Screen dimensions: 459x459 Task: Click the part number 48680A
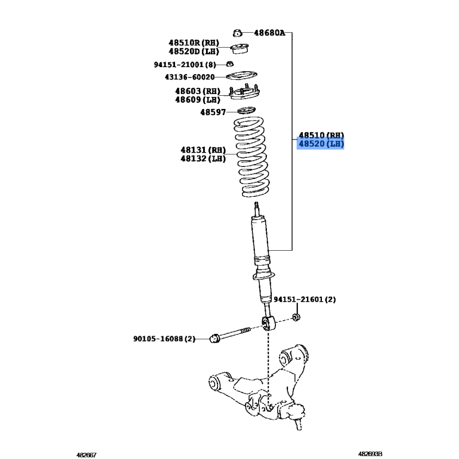[x=269, y=33]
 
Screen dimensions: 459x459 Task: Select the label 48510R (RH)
[x=194, y=42]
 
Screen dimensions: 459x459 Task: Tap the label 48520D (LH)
[x=194, y=52]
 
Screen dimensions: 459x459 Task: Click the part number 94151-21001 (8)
[x=185, y=64]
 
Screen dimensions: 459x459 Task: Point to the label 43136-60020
[x=190, y=77]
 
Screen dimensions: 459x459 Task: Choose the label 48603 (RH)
[x=197, y=91]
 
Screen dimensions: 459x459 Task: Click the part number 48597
[x=213, y=112]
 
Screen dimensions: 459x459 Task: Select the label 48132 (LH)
[x=203, y=159]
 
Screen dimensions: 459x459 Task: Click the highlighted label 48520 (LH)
[x=321, y=144]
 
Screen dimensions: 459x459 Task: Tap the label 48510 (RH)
[x=321, y=135]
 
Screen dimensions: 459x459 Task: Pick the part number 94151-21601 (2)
[x=305, y=299]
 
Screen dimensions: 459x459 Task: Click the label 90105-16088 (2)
[x=164, y=339]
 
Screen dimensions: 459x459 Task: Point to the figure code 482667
[x=87, y=454]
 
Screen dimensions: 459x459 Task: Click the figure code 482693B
[x=370, y=454]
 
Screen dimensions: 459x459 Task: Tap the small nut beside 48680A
[x=238, y=33]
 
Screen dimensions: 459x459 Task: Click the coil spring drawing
[x=251, y=157]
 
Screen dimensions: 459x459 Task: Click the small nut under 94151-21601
[x=296, y=317]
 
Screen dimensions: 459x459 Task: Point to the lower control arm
[x=259, y=386]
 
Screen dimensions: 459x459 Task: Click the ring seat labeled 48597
[x=247, y=111]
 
